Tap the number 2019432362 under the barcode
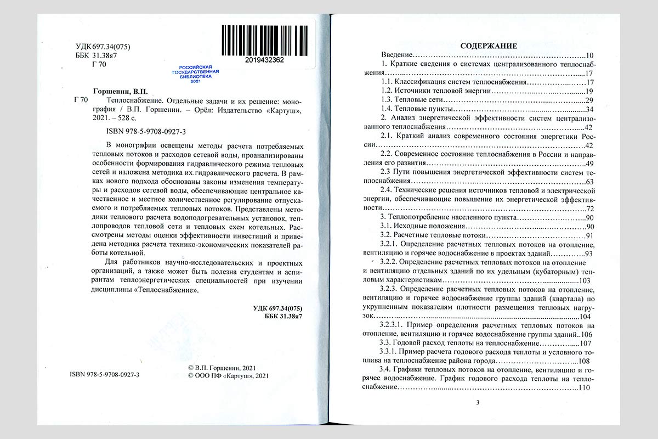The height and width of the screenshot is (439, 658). [262, 60]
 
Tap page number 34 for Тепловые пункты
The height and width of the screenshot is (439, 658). [590, 109]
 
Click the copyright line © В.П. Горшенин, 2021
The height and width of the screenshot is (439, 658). [221, 367]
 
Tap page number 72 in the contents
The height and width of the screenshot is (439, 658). [590, 209]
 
